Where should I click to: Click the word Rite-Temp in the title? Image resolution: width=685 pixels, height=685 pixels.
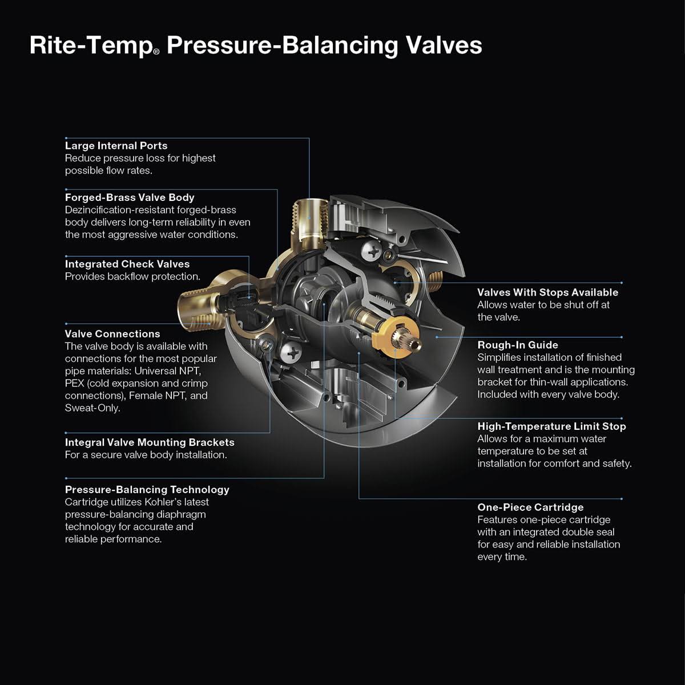tap(90, 46)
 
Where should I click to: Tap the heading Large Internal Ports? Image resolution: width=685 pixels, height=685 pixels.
tap(116, 146)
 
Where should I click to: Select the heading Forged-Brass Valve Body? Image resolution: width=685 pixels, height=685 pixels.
tap(130, 198)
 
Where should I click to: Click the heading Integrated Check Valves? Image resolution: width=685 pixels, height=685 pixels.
tap(127, 264)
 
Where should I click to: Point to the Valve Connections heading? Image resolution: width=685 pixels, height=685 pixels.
tap(112, 334)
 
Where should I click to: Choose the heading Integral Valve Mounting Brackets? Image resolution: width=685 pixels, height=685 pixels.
tap(149, 442)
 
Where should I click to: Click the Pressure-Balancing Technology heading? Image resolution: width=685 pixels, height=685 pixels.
tap(147, 490)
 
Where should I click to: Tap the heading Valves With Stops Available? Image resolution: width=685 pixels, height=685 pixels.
tap(547, 292)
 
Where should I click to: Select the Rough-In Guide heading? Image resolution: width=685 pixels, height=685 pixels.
tap(517, 345)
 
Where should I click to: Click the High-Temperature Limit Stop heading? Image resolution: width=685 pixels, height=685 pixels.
tap(551, 426)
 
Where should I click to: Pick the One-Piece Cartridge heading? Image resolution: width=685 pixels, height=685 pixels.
tap(530, 507)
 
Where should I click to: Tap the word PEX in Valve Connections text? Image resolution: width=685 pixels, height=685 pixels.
tap(75, 383)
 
